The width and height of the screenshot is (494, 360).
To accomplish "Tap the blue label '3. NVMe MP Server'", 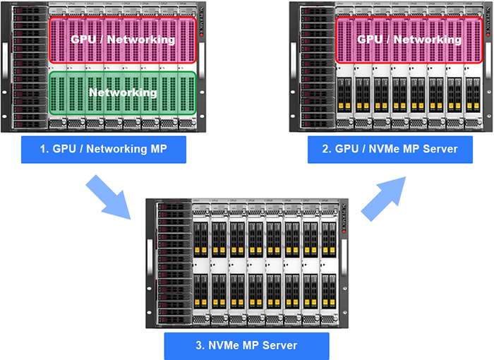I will coord(246,345).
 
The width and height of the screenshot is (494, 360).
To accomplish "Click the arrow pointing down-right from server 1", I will coord(109,198).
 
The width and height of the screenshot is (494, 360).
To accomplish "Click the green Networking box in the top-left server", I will coord(122,92).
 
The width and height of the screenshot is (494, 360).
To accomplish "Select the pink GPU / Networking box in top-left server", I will coord(122,40).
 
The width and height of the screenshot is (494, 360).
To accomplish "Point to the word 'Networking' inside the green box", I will coord(122,92).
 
